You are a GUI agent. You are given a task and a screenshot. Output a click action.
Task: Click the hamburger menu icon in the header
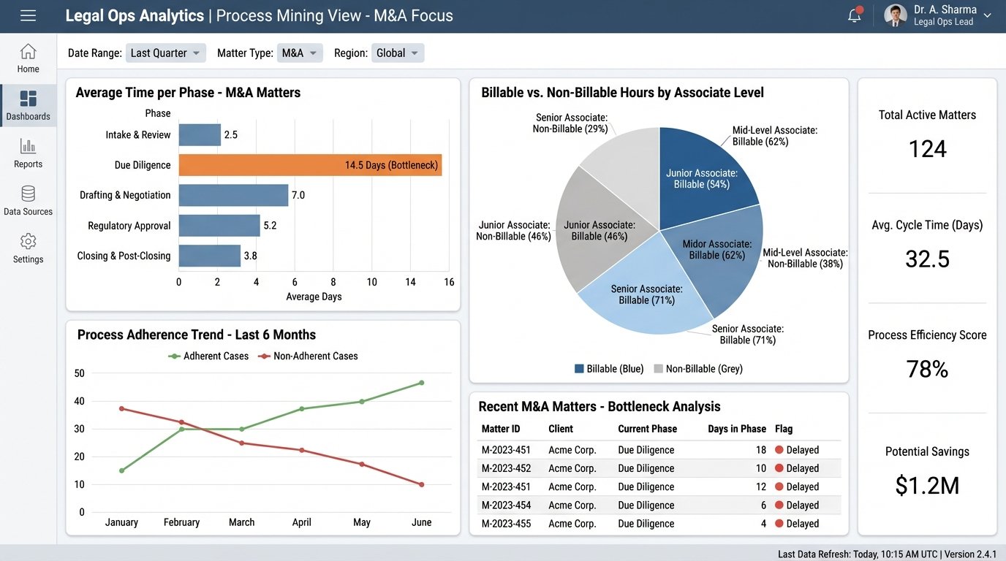pyautogui.click(x=28, y=15)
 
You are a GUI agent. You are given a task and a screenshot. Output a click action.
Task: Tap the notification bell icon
pyautogui.click(x=854, y=15)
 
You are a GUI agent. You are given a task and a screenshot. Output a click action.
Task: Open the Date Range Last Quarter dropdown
pyautogui.click(x=166, y=53)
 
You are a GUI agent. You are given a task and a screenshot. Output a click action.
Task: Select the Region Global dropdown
pyautogui.click(x=398, y=53)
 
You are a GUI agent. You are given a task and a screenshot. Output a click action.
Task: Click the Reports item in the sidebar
pyautogui.click(x=28, y=153)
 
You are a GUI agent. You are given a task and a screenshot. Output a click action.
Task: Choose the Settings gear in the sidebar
pyautogui.click(x=28, y=248)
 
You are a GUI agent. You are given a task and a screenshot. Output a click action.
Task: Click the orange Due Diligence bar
pyautogui.click(x=310, y=165)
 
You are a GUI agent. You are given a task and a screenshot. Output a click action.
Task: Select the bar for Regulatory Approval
pyautogui.click(x=219, y=226)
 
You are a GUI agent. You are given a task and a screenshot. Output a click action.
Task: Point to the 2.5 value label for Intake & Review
pyautogui.click(x=231, y=135)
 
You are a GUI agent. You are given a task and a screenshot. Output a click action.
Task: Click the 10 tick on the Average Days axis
pyautogui.click(x=371, y=282)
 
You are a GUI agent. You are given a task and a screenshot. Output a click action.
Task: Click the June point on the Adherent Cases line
pyautogui.click(x=422, y=383)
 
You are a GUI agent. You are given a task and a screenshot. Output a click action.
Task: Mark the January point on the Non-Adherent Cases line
pyautogui.click(x=121, y=408)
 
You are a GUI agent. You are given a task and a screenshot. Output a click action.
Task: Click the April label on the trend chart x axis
pyautogui.click(x=301, y=522)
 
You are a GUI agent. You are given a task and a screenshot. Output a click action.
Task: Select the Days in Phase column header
pyautogui.click(x=737, y=429)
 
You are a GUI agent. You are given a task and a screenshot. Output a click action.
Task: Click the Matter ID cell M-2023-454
pyautogui.click(x=506, y=505)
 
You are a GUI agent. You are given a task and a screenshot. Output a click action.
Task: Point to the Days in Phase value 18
pyautogui.click(x=761, y=450)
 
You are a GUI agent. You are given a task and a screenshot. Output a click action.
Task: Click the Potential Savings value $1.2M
pyautogui.click(x=927, y=485)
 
